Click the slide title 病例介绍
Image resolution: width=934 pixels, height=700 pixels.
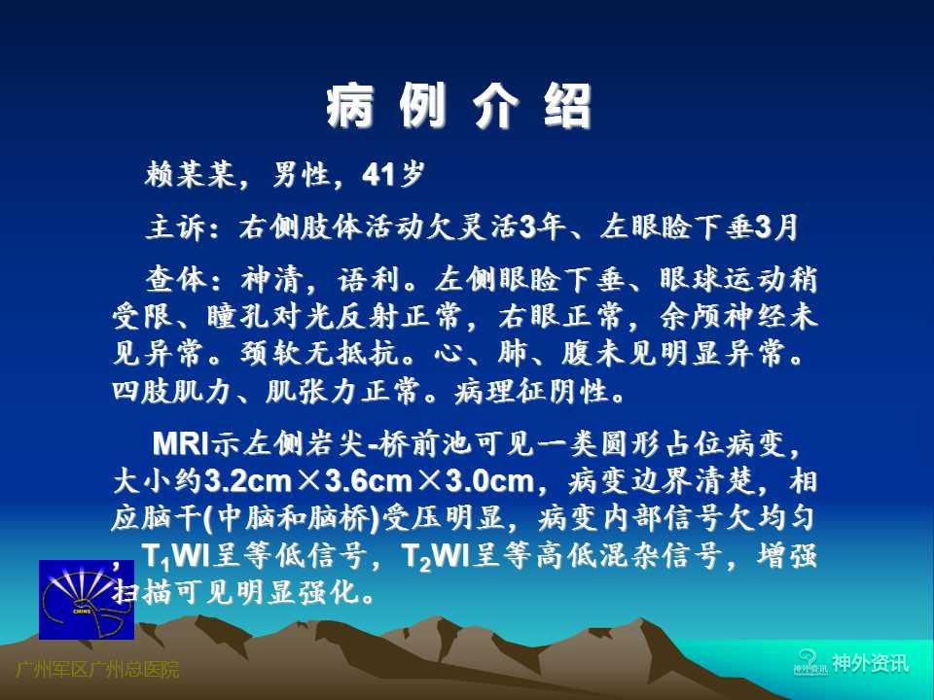(x=458, y=106)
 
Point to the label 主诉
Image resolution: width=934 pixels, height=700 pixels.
(x=176, y=227)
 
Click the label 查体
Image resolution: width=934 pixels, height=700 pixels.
(x=176, y=279)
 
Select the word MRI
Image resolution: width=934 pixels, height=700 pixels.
(x=181, y=443)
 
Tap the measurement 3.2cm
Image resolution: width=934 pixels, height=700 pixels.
(x=248, y=481)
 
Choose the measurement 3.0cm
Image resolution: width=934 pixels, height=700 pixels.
(x=489, y=481)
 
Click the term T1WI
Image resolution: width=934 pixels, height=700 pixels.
(x=176, y=557)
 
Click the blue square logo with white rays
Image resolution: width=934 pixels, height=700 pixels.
(x=87, y=600)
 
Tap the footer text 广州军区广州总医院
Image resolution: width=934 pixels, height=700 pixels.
(x=97, y=670)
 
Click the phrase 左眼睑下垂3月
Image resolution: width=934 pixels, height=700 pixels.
(x=699, y=227)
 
